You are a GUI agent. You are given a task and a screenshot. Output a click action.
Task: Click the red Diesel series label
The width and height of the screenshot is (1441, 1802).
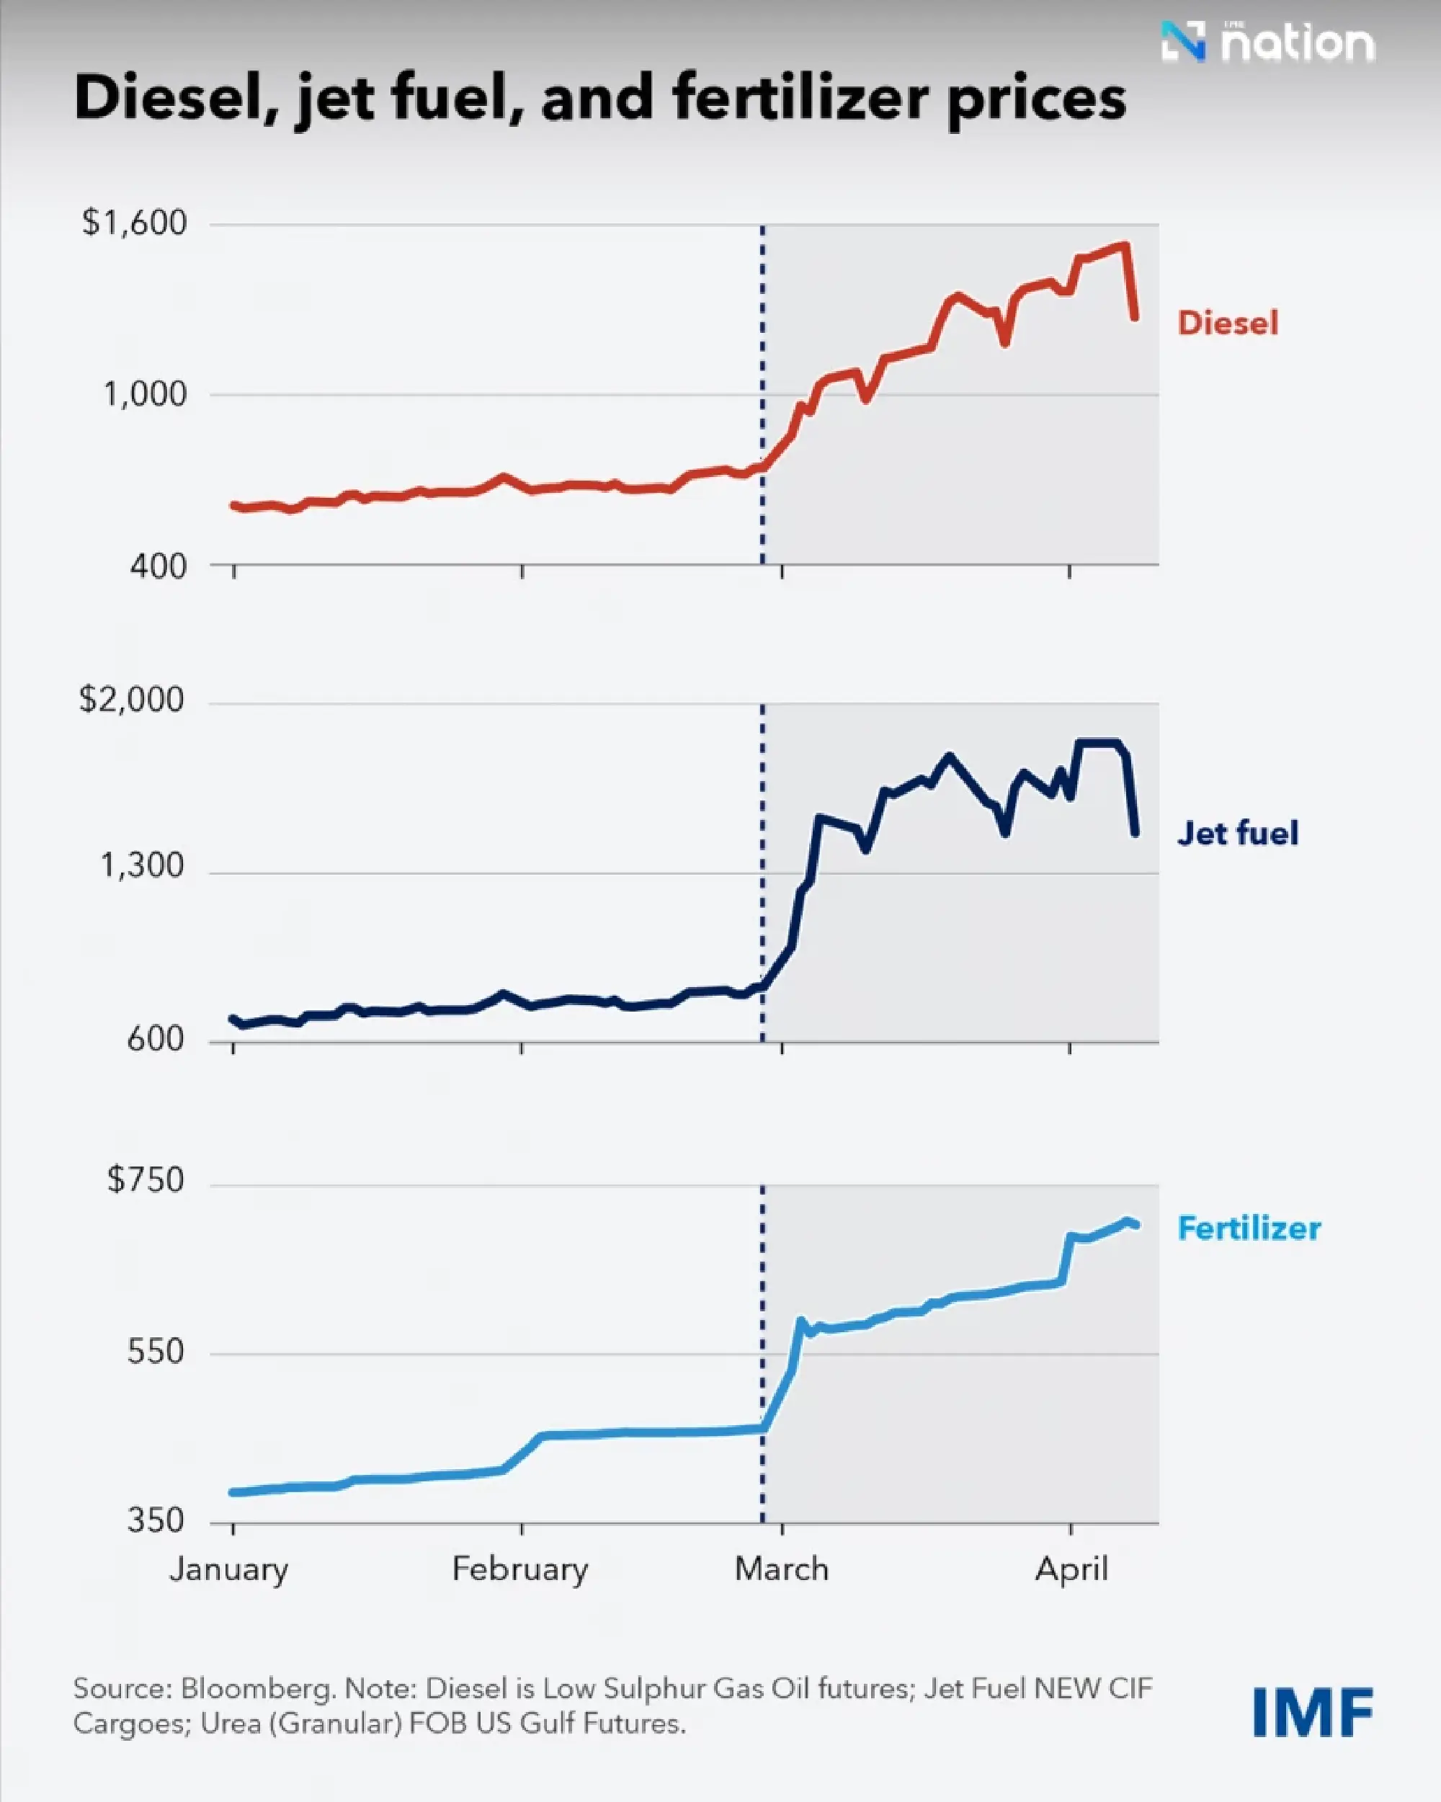click(1227, 323)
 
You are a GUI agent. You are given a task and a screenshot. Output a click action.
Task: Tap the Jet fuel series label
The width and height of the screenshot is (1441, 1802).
click(1237, 834)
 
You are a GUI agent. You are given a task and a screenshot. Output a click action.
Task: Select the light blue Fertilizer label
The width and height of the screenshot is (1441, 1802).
click(1249, 1228)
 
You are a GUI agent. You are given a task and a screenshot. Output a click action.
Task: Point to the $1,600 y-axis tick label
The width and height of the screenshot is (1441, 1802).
click(135, 223)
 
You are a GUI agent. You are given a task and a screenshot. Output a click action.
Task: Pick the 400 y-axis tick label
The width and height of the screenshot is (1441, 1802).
click(158, 566)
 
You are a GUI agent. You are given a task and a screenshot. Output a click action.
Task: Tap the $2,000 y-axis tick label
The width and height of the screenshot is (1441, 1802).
click(131, 699)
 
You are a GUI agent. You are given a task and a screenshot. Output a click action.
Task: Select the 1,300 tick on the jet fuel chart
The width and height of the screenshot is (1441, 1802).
click(142, 866)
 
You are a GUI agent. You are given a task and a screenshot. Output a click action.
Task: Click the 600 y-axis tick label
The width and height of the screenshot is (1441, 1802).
click(156, 1039)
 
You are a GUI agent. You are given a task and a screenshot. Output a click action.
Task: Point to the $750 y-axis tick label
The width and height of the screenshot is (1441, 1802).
click(146, 1179)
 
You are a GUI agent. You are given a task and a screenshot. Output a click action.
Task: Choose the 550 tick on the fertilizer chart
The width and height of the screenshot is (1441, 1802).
click(156, 1351)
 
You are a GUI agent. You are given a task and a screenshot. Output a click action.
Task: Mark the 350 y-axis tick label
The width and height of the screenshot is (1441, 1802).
click(156, 1520)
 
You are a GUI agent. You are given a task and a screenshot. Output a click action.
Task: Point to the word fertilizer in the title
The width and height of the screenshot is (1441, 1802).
click(800, 99)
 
